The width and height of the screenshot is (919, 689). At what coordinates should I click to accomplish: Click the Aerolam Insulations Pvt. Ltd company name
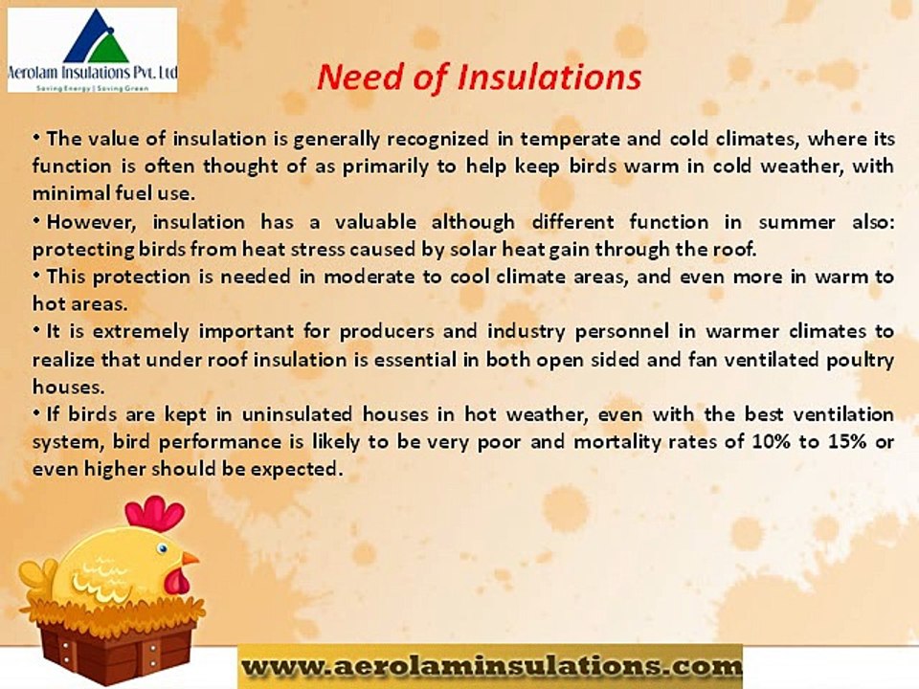coord(93,73)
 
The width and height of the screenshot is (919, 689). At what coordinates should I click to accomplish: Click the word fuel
coord(133,194)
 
